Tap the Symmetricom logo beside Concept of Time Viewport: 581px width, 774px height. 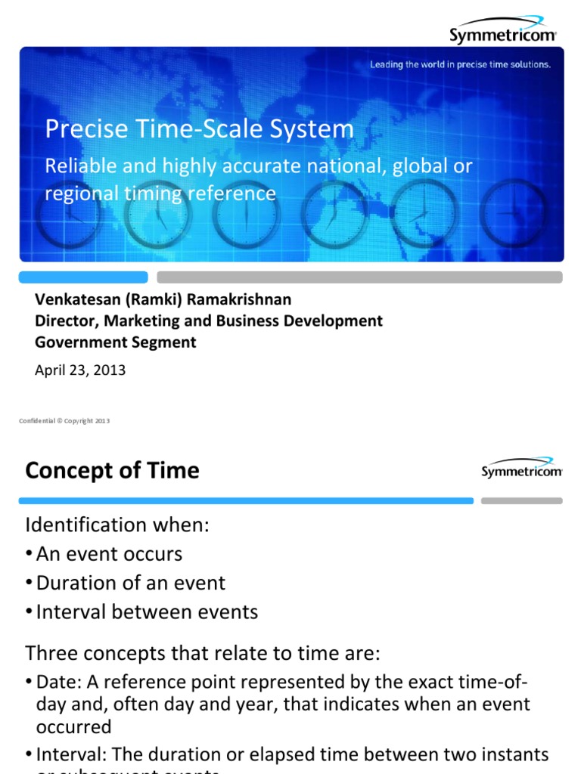coord(522,468)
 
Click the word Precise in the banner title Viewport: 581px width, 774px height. coord(79,129)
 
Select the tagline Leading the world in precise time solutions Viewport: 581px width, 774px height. coord(460,65)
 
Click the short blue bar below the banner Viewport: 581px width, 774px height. coord(83,277)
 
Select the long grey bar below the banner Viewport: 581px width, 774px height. coord(359,277)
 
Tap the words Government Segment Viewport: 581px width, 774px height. coord(116,342)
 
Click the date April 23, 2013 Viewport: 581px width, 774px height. coord(80,370)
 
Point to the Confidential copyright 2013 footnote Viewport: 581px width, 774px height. coord(64,421)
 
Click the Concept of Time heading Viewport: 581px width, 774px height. coord(112,471)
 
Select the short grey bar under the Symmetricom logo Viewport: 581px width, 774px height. coord(522,500)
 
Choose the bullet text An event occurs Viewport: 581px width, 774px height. coord(109,554)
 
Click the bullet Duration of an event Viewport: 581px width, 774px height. coord(130,583)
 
